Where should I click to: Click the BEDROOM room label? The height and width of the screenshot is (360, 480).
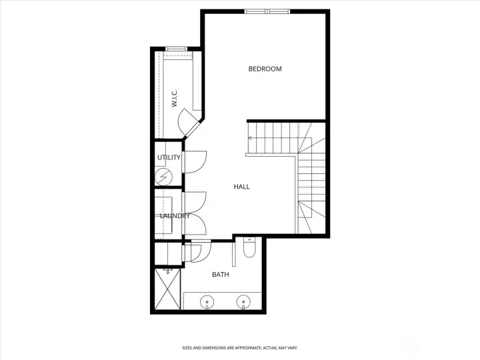click(265, 69)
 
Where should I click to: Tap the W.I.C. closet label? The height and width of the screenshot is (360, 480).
click(174, 99)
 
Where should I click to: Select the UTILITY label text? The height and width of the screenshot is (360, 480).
click(169, 157)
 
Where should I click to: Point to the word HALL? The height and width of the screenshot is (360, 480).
click(241, 187)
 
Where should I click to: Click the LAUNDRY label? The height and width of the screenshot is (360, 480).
click(175, 215)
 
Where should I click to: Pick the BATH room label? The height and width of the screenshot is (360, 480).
click(220, 274)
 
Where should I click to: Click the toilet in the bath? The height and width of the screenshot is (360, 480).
click(249, 248)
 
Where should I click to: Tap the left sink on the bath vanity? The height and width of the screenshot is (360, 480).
click(207, 303)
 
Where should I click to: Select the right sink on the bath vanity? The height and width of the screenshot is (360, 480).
click(243, 303)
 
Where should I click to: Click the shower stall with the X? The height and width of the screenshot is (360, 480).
click(168, 289)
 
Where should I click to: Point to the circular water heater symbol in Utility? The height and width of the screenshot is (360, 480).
click(163, 177)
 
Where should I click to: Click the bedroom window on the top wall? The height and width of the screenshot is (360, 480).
click(267, 11)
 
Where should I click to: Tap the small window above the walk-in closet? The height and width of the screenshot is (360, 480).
click(176, 48)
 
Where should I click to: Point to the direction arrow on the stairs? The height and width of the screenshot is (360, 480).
click(251, 138)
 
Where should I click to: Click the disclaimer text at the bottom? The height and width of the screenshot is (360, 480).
click(239, 347)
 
